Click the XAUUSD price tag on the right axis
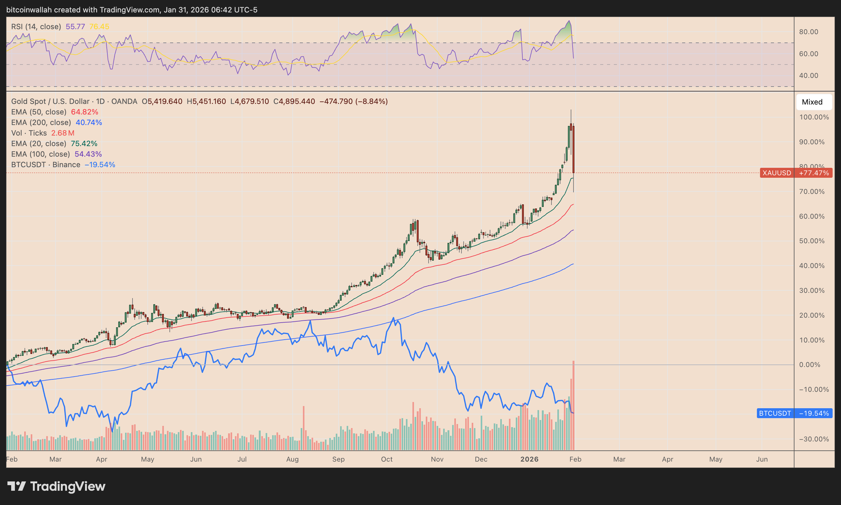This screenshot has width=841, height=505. [x=796, y=173]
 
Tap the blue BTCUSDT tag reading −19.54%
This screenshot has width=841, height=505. [x=794, y=413]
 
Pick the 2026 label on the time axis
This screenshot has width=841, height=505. [x=529, y=459]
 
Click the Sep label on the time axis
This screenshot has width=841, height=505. [x=338, y=459]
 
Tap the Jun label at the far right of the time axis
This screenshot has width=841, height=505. [x=762, y=459]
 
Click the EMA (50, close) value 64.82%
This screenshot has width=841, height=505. [x=84, y=112]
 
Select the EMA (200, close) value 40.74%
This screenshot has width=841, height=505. [x=89, y=123]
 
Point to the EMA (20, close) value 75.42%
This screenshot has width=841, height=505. [x=84, y=144]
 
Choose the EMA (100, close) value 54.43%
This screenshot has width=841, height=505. [x=88, y=154]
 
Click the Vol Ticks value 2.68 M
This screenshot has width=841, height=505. [x=63, y=133]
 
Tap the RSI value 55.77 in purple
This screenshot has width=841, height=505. [x=75, y=27]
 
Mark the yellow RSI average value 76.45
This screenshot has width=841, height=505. [x=99, y=27]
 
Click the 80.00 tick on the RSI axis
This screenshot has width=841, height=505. [x=808, y=32]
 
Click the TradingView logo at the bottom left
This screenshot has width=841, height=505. [x=56, y=486]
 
